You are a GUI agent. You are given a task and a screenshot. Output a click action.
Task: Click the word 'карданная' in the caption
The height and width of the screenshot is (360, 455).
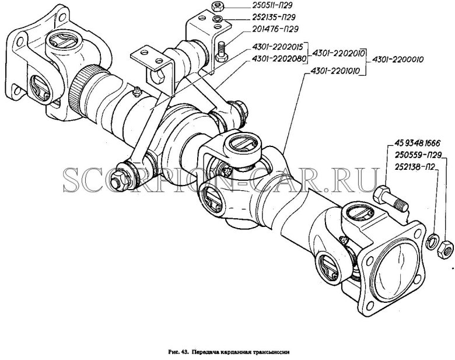[228, 352]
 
